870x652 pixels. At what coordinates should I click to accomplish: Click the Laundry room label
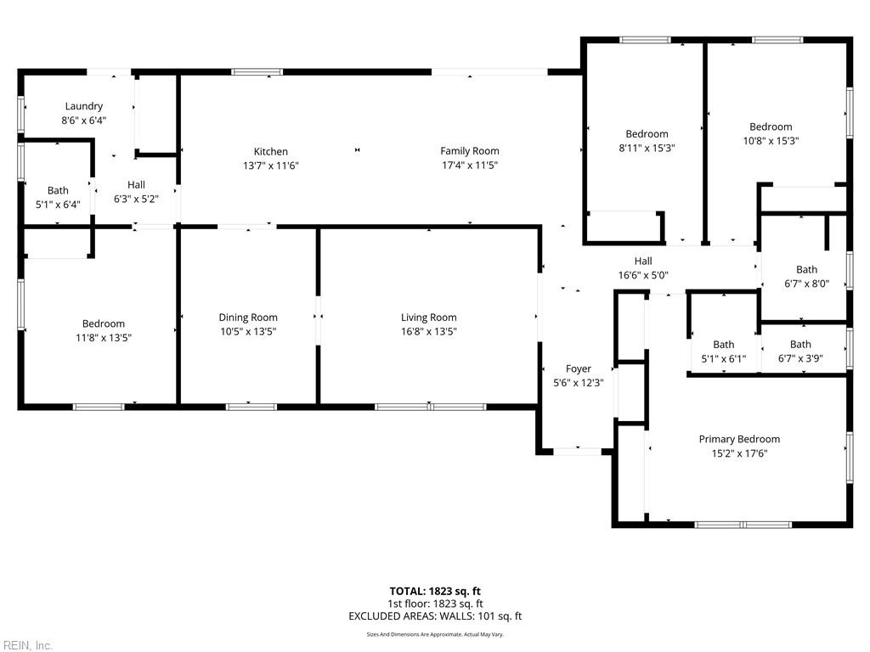[x=84, y=106]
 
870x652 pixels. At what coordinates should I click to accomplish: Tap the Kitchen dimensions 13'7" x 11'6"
[x=271, y=166]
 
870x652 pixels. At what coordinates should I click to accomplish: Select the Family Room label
[x=469, y=151]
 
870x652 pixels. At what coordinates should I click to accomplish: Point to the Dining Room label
[x=248, y=318]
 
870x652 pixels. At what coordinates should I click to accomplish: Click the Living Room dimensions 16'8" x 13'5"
[x=429, y=332]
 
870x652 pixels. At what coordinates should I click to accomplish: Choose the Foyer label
[x=578, y=368]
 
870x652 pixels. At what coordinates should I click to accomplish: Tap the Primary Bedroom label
[x=739, y=439]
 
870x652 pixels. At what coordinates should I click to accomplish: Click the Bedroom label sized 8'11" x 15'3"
[x=647, y=133]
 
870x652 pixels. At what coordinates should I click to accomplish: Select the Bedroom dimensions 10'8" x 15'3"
[x=771, y=141]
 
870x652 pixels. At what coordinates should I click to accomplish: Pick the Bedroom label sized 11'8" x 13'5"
[x=103, y=323]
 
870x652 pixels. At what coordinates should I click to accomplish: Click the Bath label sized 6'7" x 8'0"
[x=807, y=269]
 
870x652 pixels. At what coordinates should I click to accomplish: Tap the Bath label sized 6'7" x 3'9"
[x=800, y=345]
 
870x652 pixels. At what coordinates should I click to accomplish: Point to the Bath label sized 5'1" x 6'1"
[x=724, y=345]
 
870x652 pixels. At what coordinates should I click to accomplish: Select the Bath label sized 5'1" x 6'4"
[x=58, y=190]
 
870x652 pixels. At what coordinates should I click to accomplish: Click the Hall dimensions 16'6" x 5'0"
[x=643, y=275]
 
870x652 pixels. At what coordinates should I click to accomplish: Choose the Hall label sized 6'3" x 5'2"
[x=136, y=184]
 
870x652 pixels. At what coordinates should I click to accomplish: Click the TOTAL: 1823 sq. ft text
[x=435, y=591]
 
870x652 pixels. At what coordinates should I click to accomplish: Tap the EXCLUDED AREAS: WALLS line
[x=435, y=616]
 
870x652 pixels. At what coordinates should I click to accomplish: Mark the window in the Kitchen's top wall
[x=257, y=71]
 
